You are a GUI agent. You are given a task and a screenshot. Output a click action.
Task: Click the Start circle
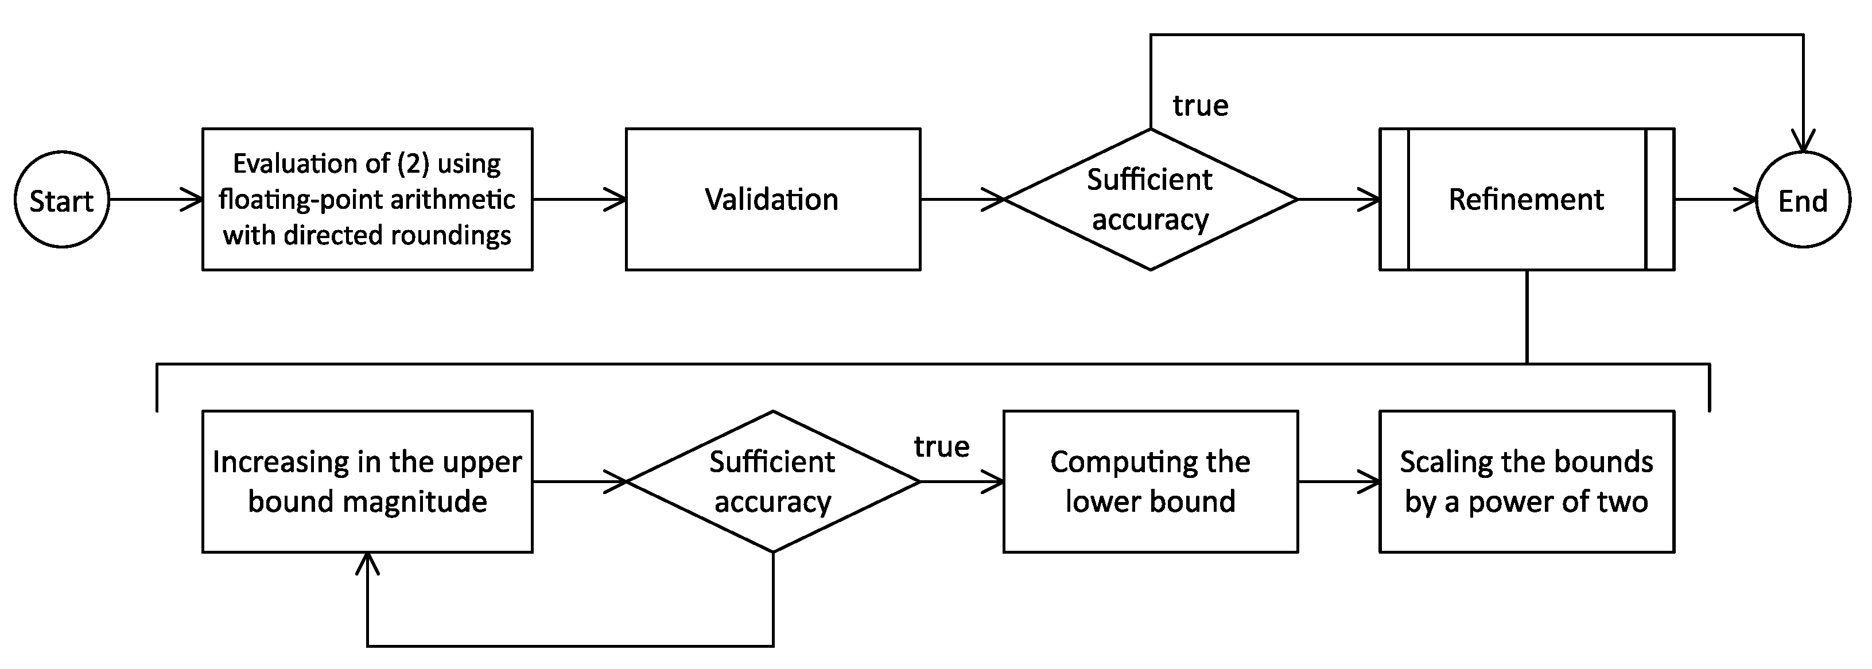click(62, 200)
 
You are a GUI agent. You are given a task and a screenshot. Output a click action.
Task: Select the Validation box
click(772, 200)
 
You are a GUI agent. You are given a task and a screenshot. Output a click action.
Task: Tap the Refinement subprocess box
click(1526, 200)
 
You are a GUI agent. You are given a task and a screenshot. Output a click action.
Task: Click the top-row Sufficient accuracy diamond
click(1149, 200)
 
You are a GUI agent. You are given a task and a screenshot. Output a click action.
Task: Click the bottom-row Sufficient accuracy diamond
click(772, 481)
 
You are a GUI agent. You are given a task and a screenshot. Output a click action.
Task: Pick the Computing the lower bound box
click(1149, 481)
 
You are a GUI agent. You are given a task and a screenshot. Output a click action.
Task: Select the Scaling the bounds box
click(1526, 481)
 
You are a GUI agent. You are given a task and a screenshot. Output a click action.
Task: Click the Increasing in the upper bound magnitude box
click(367, 481)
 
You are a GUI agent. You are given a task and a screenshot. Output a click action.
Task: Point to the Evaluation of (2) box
click(367, 200)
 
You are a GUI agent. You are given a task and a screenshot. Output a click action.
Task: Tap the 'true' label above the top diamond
click(1200, 106)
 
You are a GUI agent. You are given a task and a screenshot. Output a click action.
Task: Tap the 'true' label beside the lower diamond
click(941, 447)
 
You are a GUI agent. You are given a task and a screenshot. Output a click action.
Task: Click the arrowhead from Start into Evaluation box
click(193, 199)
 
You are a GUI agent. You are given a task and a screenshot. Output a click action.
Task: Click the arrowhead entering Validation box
click(616, 199)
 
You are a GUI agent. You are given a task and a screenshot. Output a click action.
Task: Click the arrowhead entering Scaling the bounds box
click(1370, 481)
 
